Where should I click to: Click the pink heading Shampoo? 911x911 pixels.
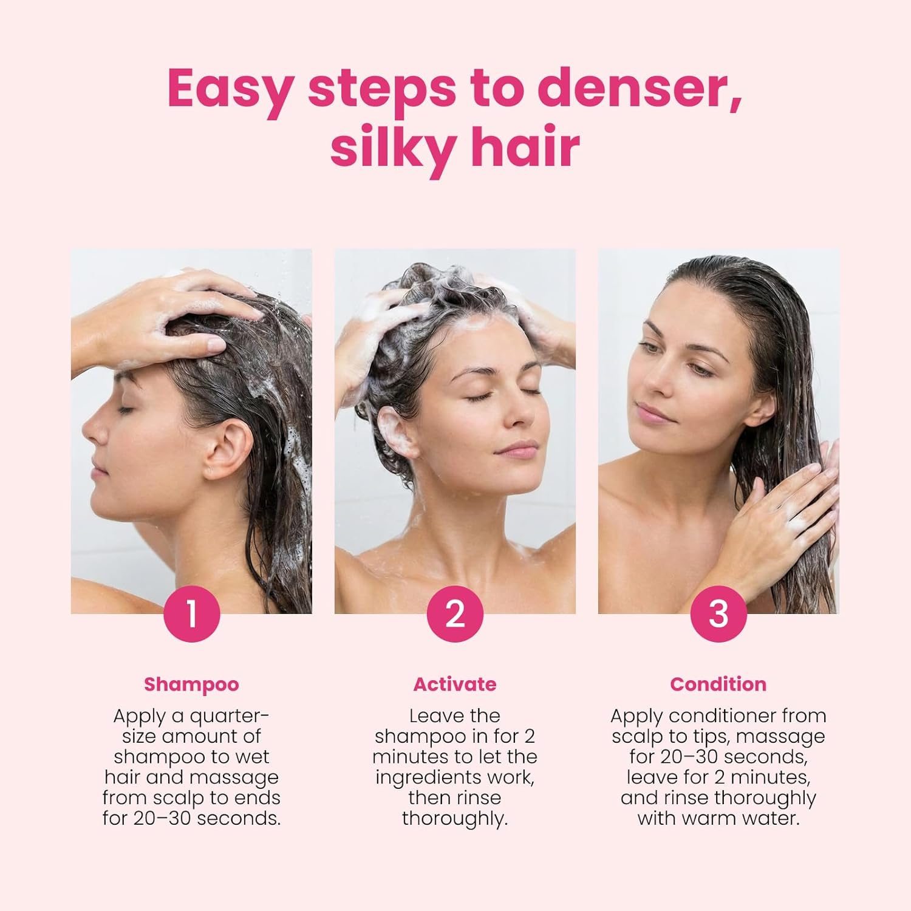[x=191, y=684]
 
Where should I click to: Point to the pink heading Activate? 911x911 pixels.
[x=455, y=684]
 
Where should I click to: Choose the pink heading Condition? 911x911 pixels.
[x=718, y=684]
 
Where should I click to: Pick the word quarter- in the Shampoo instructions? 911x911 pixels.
[x=230, y=717]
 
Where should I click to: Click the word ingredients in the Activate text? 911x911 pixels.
[x=434, y=777]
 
